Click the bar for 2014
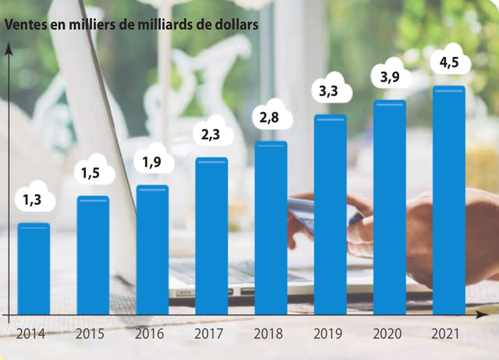(34, 269)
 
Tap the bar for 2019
(330, 215)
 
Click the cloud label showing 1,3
(32, 200)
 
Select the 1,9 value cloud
(152, 163)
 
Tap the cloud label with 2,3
(211, 135)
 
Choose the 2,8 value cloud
(271, 118)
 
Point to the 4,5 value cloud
(448, 62)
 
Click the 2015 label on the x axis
(91, 335)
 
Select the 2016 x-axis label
(150, 335)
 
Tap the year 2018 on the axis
(270, 335)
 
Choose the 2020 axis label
(388, 335)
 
